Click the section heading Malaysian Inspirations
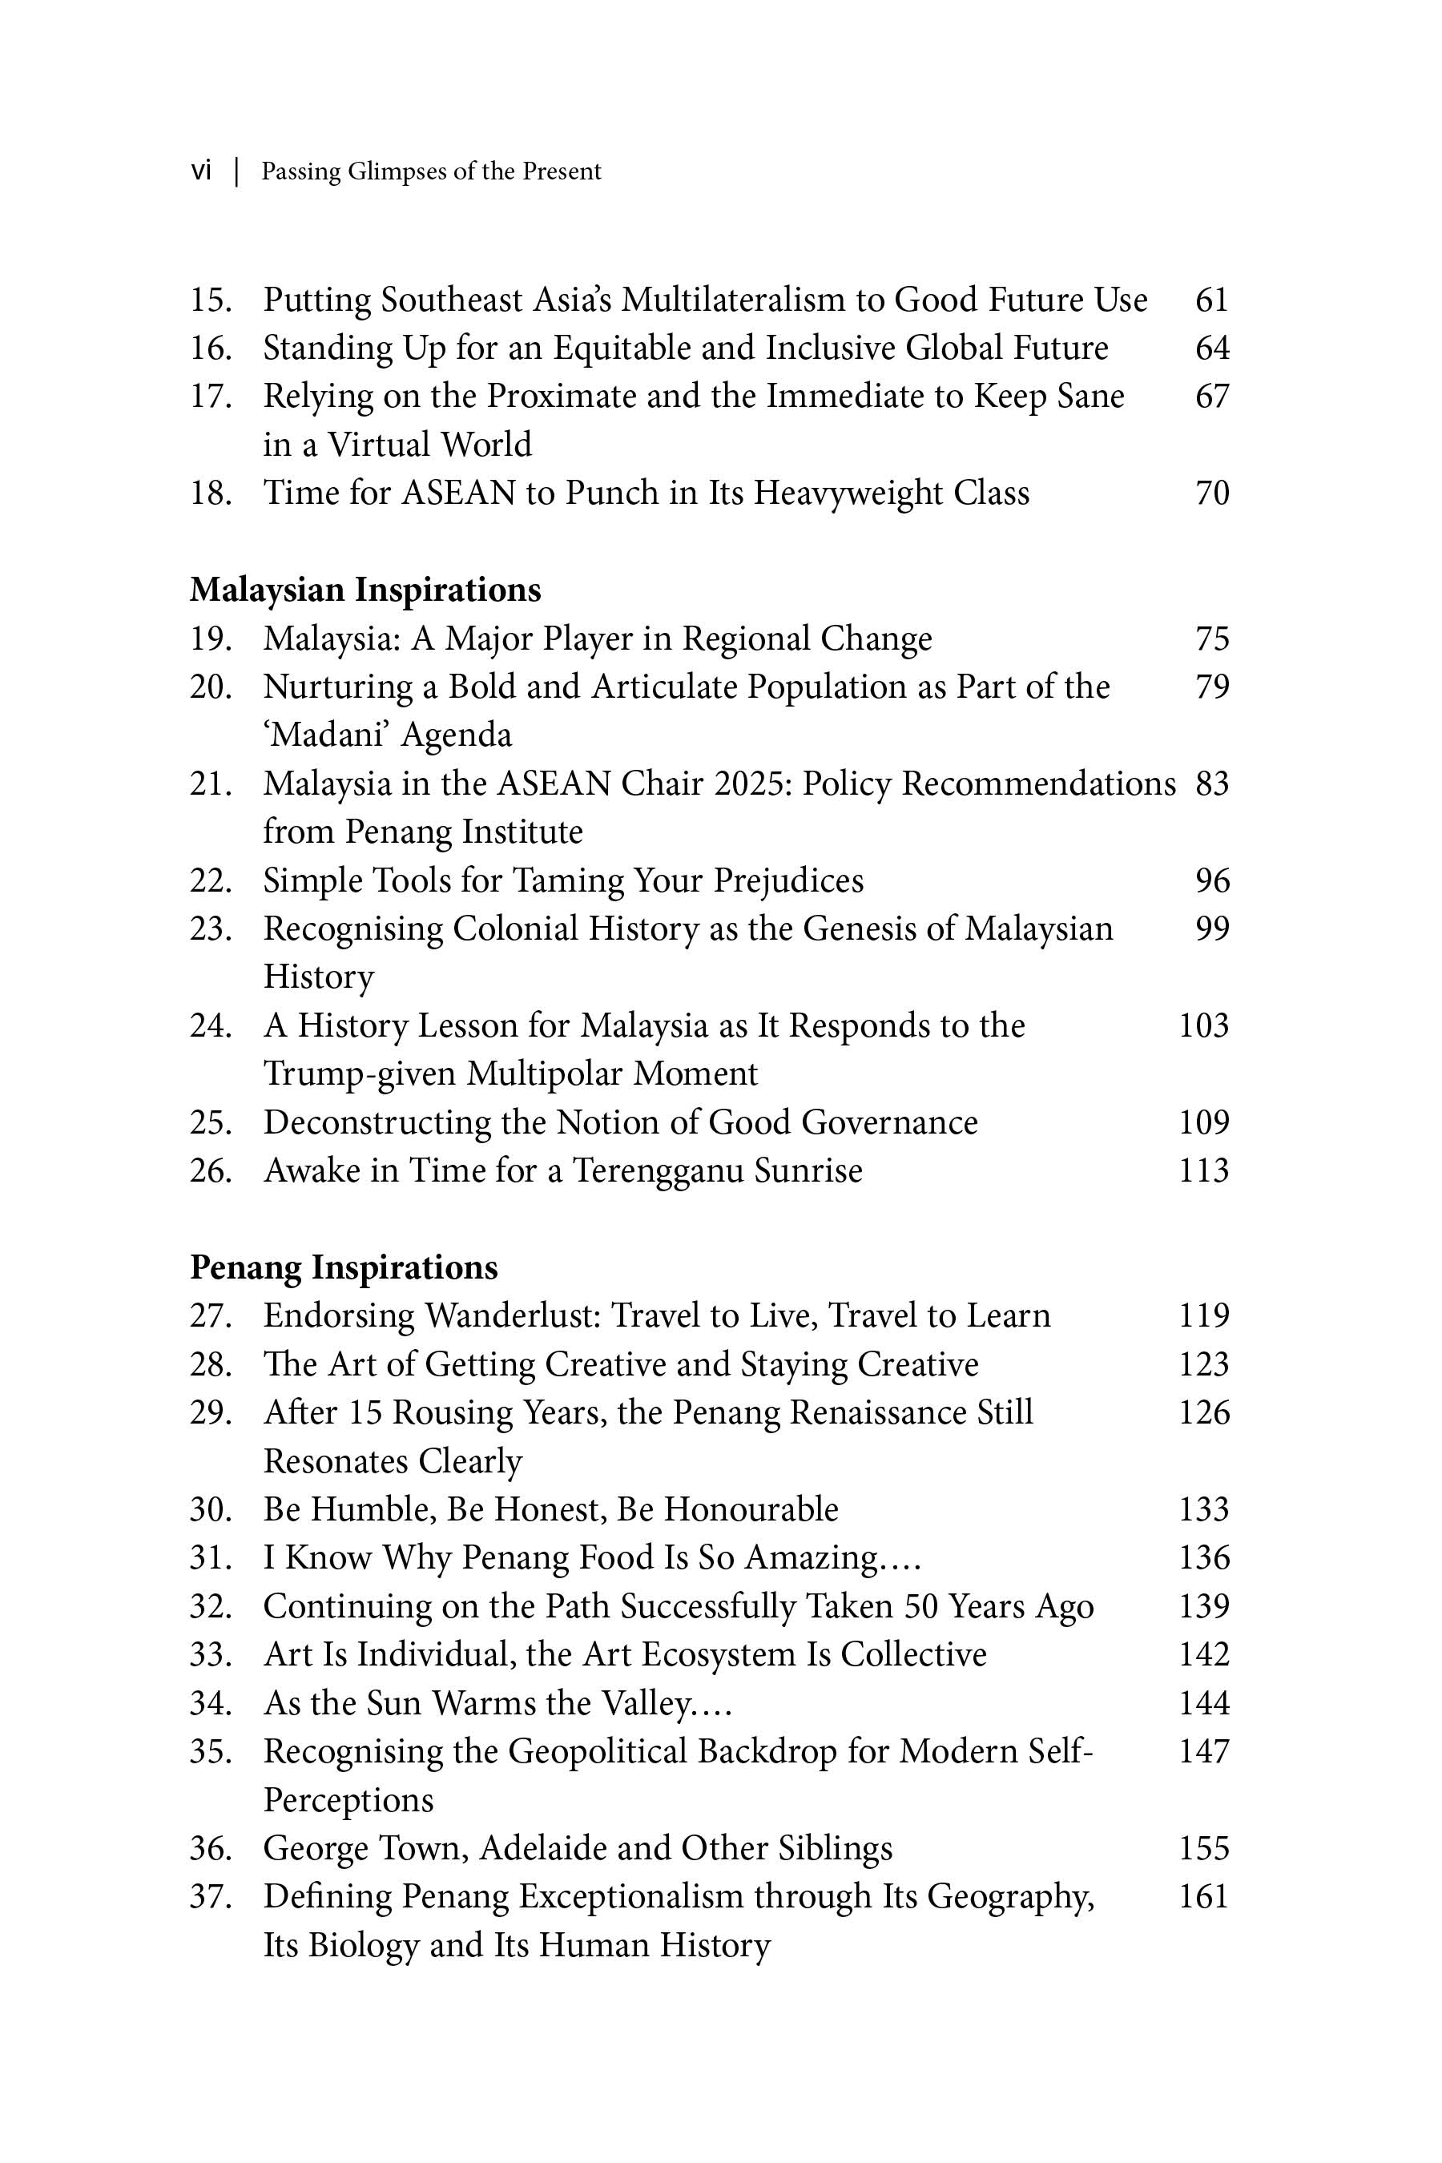click(x=365, y=590)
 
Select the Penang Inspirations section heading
click(x=343, y=1267)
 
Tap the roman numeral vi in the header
click(x=200, y=171)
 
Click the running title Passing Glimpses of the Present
click(x=430, y=172)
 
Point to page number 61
click(x=1211, y=300)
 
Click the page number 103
click(x=1203, y=1025)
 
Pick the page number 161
click(x=1203, y=1896)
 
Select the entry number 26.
click(x=210, y=1170)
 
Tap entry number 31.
click(x=210, y=1557)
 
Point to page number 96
click(x=1211, y=880)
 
